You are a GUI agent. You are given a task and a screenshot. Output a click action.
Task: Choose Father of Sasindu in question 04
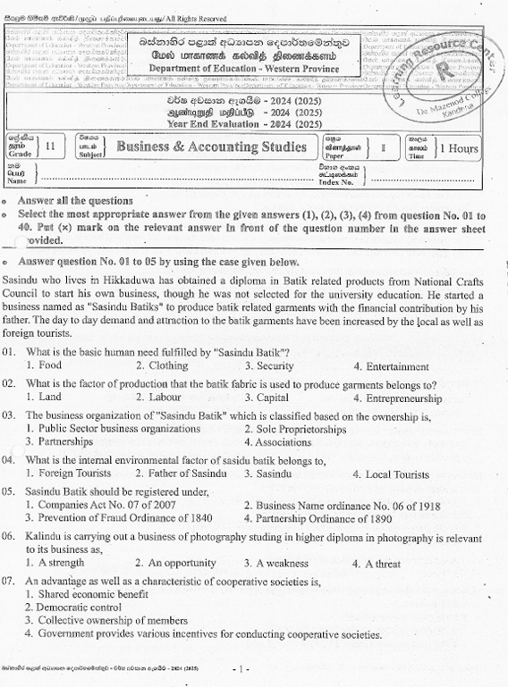point(174,474)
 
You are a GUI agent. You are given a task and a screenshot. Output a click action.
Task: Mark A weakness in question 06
point(281,564)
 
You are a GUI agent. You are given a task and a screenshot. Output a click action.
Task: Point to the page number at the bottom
point(240,668)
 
